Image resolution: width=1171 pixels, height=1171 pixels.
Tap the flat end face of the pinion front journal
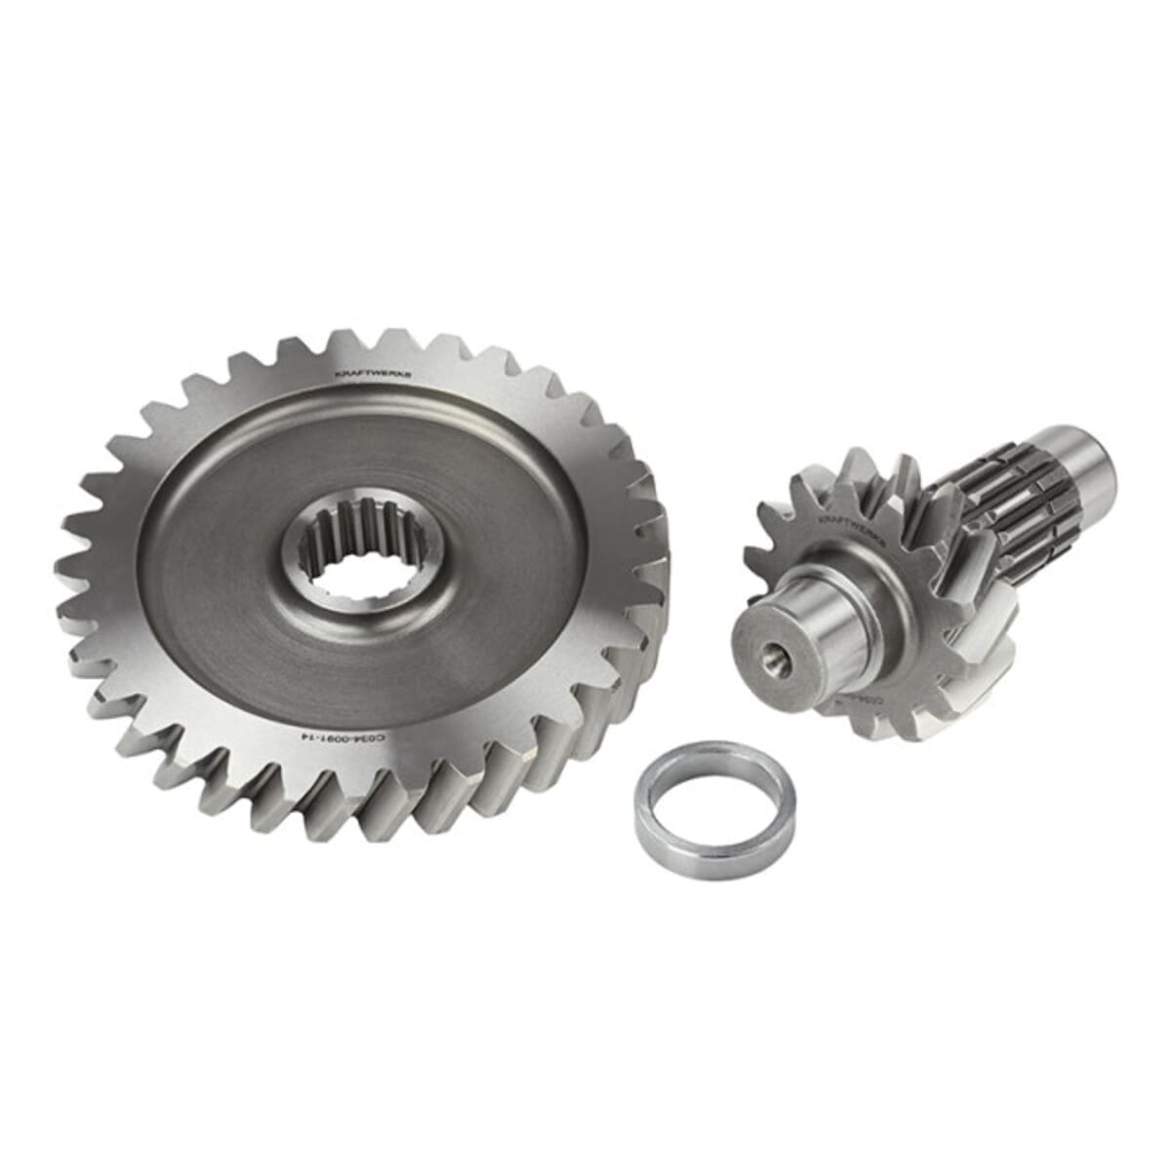tap(771, 649)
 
